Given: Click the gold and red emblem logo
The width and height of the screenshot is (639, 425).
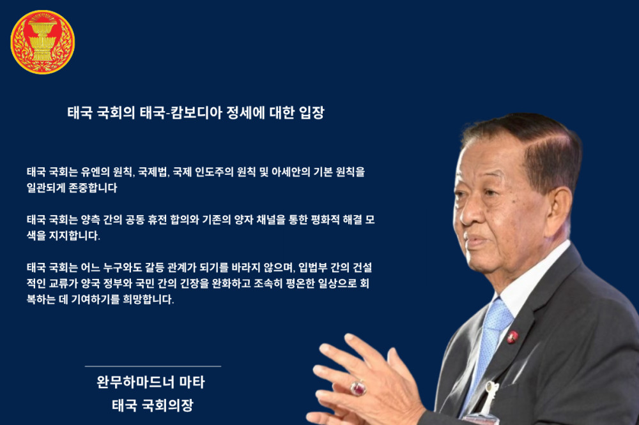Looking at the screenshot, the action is [43, 42].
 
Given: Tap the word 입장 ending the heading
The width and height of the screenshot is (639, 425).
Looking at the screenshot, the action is [311, 113].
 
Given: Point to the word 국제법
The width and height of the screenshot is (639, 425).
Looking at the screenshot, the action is [153, 172].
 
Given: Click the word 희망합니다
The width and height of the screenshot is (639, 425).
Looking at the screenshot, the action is [148, 300].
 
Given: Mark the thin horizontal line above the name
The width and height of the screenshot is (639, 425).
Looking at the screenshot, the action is [153, 366].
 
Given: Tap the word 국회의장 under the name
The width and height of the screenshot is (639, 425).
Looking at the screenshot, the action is [167, 405].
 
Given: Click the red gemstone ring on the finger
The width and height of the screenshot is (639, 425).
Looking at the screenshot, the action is [358, 388].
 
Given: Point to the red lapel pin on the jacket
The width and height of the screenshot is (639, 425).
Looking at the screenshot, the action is [512, 337].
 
